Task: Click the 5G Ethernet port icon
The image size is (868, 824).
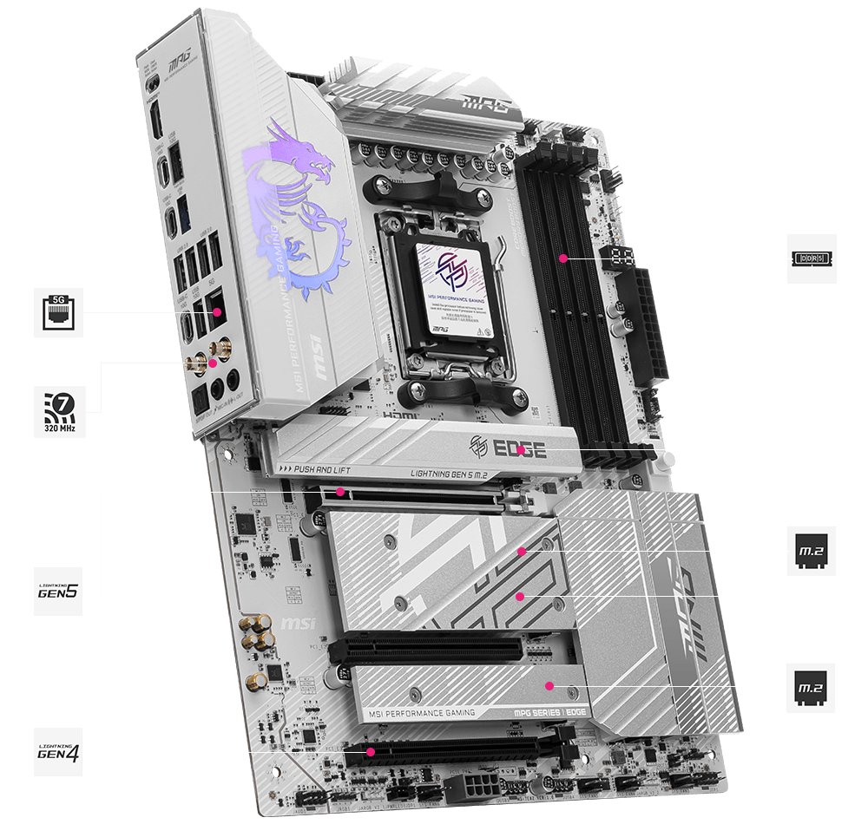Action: (59, 313)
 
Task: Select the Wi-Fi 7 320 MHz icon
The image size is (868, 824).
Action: (59, 411)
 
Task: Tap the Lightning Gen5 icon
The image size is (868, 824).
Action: (59, 592)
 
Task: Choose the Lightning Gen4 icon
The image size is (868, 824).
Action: (59, 751)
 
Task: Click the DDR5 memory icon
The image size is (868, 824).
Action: (812, 258)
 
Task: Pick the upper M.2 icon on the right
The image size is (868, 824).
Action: (812, 551)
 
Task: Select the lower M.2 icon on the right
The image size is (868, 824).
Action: (812, 688)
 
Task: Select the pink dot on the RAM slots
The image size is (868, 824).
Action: (563, 258)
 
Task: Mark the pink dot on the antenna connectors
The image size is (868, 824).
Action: (213, 364)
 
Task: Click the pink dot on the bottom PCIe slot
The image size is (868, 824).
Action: (370, 752)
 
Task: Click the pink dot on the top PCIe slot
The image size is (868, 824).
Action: (341, 492)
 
